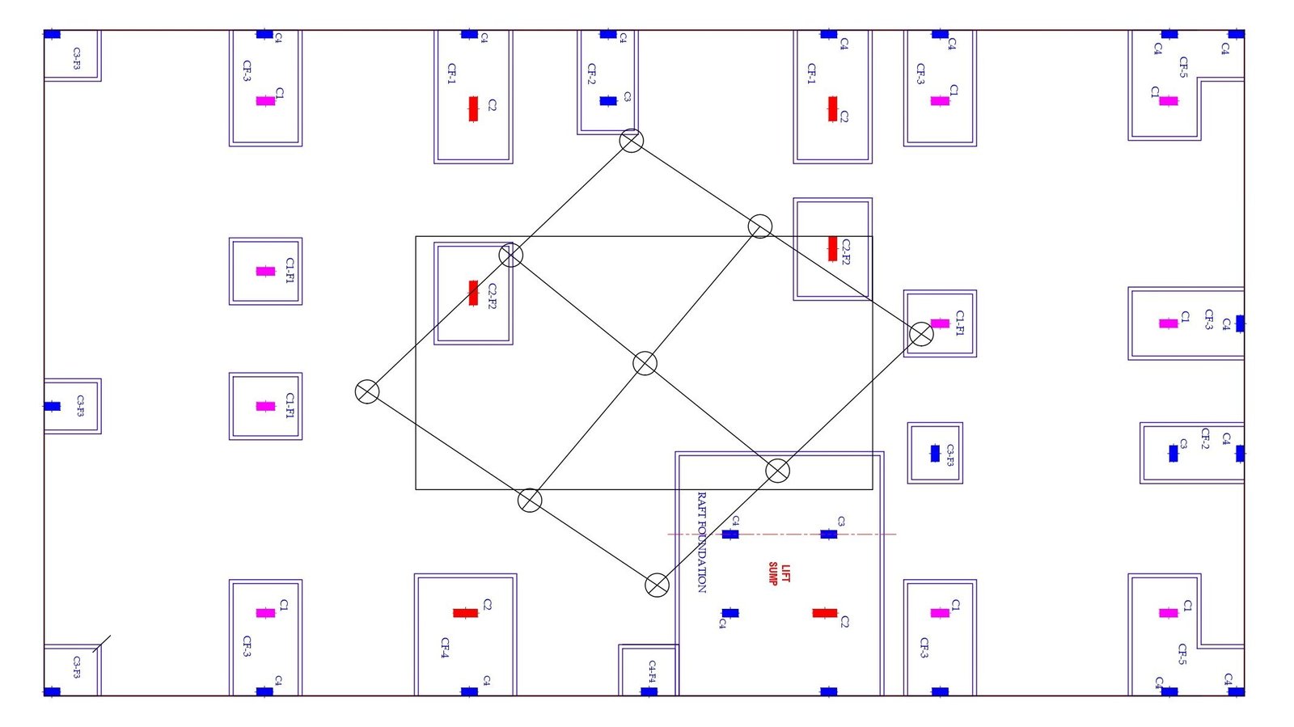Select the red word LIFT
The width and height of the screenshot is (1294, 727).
[785, 573]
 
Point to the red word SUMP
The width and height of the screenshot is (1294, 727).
[773, 573]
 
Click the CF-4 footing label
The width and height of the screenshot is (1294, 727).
[445, 647]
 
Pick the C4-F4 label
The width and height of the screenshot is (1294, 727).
[652, 671]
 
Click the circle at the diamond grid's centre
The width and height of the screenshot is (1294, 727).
[645, 363]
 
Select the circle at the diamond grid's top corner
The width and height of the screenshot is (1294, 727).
[632, 141]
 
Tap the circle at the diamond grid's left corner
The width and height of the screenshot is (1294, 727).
[367, 391]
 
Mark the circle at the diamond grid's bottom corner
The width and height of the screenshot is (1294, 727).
[658, 585]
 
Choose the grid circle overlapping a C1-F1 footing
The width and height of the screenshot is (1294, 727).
[921, 333]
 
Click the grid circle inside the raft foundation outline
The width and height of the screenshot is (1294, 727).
[777, 470]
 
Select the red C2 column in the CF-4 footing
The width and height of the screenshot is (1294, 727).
[465, 613]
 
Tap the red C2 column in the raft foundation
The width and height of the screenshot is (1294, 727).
[825, 613]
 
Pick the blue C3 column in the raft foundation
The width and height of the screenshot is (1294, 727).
[829, 535]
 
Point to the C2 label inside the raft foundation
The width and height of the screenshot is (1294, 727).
[844, 621]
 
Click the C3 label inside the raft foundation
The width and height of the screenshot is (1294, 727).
[841, 522]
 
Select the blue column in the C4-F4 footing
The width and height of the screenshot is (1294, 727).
[649, 691]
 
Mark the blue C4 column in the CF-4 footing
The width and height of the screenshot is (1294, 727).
[469, 691]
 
